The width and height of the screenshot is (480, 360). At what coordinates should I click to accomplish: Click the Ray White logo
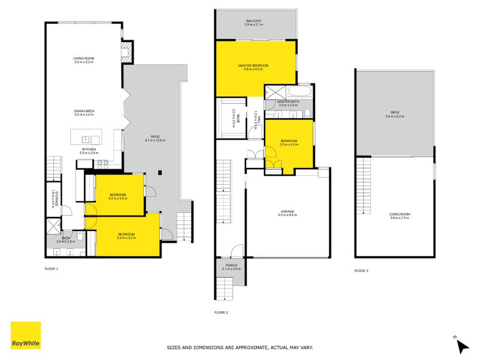26,335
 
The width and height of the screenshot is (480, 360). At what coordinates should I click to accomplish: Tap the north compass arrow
463,345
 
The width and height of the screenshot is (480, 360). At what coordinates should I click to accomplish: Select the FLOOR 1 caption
51,269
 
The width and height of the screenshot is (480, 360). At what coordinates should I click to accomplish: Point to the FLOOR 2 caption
221,312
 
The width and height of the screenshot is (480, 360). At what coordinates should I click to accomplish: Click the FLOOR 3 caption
361,271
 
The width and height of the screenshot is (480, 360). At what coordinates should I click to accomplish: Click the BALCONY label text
253,21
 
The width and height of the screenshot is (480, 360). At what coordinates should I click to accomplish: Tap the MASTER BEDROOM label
253,65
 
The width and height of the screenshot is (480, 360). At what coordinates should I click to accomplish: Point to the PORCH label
232,265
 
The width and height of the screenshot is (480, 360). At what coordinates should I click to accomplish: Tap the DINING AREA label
84,111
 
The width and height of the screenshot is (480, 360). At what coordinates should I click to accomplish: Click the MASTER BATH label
288,102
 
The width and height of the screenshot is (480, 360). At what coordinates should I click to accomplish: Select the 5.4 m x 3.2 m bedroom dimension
127,238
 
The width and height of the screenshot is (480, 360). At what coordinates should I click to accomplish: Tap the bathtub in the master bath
298,92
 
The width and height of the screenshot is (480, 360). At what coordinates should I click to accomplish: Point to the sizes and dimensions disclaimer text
239,347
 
